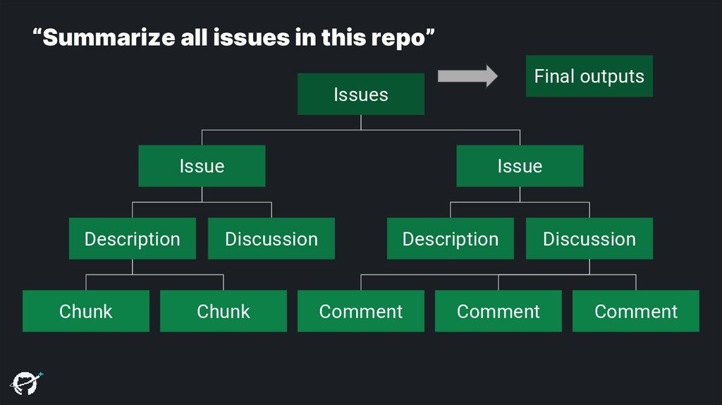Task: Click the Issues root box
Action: pyautogui.click(x=360, y=94)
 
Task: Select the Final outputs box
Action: pyautogui.click(x=589, y=76)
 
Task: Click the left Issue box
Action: pyautogui.click(x=202, y=166)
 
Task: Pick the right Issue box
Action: pyautogui.click(x=520, y=166)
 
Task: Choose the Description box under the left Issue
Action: pyautogui.click(x=132, y=238)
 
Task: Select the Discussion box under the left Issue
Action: pyautogui.click(x=271, y=238)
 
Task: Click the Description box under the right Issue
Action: pyautogui.click(x=450, y=238)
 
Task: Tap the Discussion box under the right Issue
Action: pyautogui.click(x=589, y=238)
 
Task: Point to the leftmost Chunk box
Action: pyautogui.click(x=85, y=311)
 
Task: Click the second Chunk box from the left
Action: pyautogui.click(x=223, y=311)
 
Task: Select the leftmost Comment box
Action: pyautogui.click(x=360, y=311)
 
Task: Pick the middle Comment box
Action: pyautogui.click(x=498, y=311)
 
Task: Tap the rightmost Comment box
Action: pyautogui.click(x=635, y=311)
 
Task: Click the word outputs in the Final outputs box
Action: pyautogui.click(x=611, y=76)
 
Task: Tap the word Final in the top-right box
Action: pyautogui.click(x=555, y=76)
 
